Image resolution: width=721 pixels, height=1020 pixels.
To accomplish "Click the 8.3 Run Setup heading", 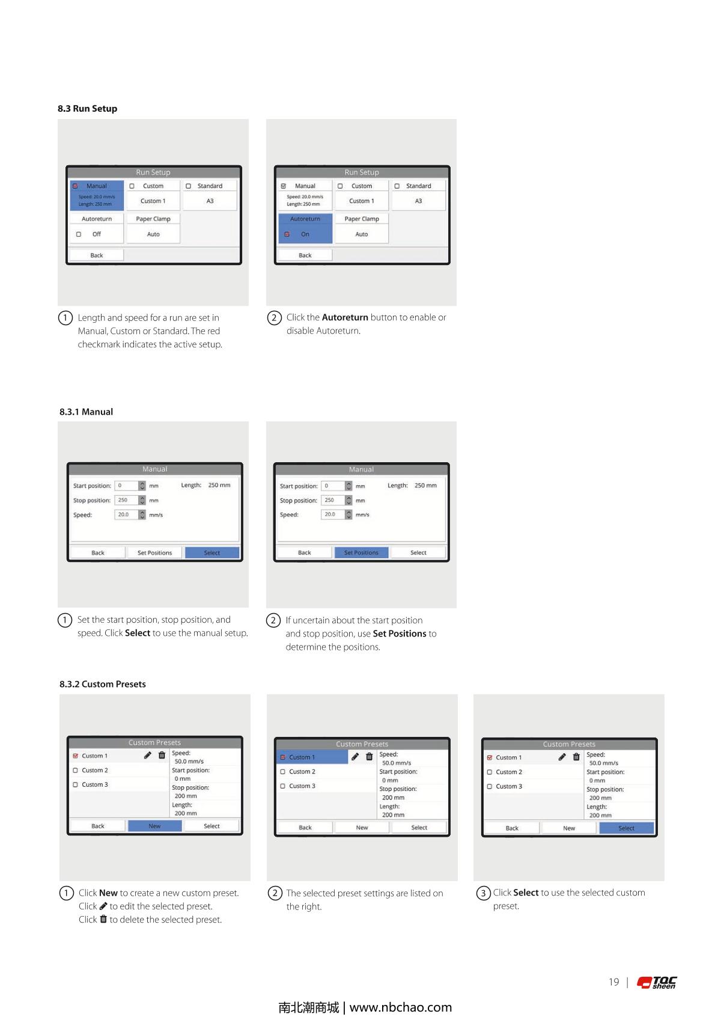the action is pos(87,108).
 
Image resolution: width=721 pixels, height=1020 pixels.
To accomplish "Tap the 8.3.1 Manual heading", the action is pos(86,412).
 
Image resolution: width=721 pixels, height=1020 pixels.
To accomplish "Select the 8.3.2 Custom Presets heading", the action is pos(102,684).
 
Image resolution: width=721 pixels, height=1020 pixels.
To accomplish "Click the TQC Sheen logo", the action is pos(656,983).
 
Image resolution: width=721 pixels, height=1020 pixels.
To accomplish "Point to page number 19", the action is pos(613,982).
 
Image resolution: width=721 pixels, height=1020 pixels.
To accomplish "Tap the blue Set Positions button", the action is pos(362,552).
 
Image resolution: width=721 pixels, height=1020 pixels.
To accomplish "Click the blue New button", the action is pos(155,826).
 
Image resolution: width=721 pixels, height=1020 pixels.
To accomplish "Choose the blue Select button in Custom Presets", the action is pos(626,828).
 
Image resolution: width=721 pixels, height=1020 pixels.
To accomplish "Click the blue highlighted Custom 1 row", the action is pos(312,757).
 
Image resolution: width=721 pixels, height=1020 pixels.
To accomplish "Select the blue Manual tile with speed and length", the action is pos(97,195).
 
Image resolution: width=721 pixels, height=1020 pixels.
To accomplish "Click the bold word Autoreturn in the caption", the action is pos(344,317).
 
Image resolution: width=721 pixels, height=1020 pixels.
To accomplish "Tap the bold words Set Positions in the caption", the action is pos(399,634).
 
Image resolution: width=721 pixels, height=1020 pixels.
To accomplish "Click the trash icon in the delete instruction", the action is pos(103,919).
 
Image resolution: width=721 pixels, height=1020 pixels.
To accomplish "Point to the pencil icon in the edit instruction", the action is pos(103,906).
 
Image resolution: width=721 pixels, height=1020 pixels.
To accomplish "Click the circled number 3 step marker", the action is pos(484,893).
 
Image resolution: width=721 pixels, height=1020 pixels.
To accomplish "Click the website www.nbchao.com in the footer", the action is pos(401,1007).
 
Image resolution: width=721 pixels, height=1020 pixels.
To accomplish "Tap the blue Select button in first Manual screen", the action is pos(212,552).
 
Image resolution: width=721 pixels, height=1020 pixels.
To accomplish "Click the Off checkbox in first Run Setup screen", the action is pos(79,234).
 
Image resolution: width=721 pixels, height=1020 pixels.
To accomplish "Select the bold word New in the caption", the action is pos(108,893).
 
